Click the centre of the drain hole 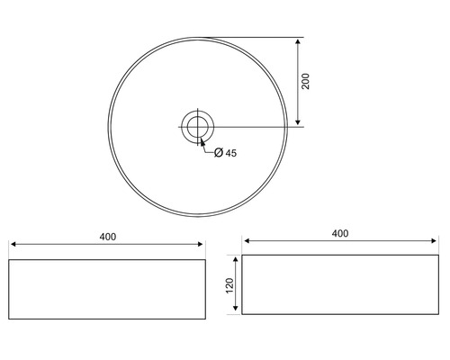click(196, 125)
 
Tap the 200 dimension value click(306, 81)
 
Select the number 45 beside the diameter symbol click(231, 153)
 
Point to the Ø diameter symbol click(219, 153)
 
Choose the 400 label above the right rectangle click(339, 233)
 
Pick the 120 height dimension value click(229, 284)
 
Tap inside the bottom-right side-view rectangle click(339, 284)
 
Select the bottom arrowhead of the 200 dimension click(297, 121)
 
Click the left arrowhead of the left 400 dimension click(13, 245)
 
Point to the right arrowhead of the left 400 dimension click(202, 245)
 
